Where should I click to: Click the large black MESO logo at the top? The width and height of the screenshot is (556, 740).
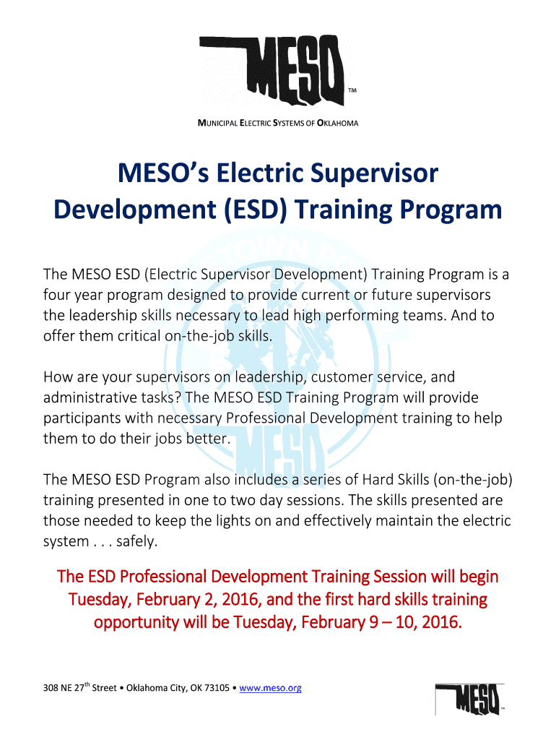tap(272, 71)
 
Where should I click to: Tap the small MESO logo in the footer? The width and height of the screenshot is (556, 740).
tap(469, 699)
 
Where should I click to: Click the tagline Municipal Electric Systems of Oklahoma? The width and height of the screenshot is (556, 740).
tap(278, 123)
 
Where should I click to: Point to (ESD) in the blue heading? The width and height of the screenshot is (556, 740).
tap(255, 210)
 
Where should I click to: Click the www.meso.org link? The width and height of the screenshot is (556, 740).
tap(270, 688)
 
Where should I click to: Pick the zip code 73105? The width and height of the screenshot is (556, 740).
tap(217, 688)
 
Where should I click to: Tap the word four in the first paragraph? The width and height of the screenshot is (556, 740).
tap(56, 295)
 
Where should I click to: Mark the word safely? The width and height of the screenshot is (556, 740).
tap(136, 541)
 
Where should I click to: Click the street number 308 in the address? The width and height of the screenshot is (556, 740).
tap(51, 688)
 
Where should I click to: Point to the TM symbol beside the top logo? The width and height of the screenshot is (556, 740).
tap(352, 90)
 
